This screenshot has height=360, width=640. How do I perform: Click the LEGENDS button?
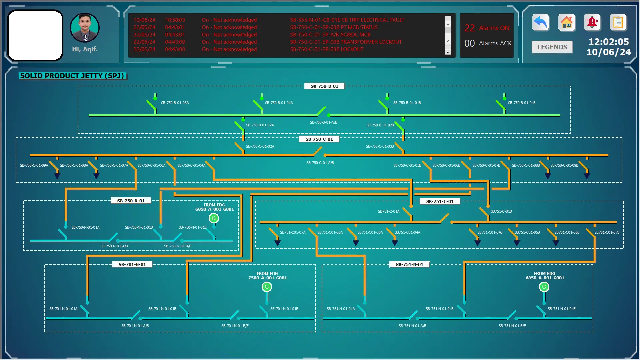coord(552,47)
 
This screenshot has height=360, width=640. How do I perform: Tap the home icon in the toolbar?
coord(567,23)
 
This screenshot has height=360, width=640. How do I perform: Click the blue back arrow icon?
coord(540,23)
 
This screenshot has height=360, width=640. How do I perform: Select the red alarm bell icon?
coord(592,23)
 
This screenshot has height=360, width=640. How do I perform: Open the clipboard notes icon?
coord(618,23)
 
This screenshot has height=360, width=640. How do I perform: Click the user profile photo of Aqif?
coord(85,28)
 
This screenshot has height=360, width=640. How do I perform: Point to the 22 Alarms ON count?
coord(487,28)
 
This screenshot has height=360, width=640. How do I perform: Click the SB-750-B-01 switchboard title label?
coord(324,86)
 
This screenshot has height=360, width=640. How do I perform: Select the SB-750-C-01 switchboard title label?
coord(319,139)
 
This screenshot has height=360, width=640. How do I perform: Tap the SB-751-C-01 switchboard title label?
coord(440,201)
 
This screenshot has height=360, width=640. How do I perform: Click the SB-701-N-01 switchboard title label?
coord(132,264)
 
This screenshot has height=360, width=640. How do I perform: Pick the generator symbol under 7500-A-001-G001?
coord(267,287)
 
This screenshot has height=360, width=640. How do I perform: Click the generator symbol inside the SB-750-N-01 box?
coord(214,218)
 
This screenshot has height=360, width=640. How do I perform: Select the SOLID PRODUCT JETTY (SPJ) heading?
coord(72,76)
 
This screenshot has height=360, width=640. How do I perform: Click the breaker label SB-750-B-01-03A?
coord(175,103)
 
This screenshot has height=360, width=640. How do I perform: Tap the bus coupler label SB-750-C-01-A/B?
coord(320,163)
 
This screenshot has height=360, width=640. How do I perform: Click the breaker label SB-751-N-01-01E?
coord(561,309)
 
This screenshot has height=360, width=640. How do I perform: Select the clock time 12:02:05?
coord(608,42)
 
